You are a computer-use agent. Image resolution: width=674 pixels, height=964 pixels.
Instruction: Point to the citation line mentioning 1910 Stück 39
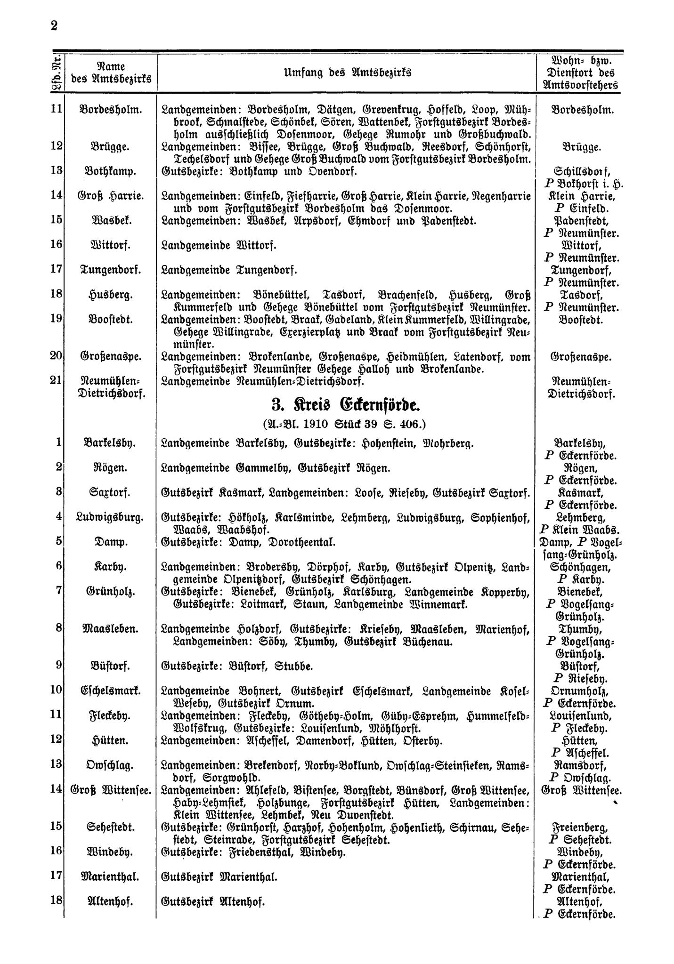345,424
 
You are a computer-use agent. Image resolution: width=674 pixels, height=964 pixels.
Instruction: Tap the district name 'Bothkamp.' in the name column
110,171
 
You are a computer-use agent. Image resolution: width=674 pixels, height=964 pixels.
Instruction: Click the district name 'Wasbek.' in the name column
110,221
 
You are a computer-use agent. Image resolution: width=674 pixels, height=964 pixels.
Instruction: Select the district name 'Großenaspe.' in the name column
110,357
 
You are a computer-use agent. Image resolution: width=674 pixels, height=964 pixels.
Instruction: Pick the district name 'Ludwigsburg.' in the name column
110,517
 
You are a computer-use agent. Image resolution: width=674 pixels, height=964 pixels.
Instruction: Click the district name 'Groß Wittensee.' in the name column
111,790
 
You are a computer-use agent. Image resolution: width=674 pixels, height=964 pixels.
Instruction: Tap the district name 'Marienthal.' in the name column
110,877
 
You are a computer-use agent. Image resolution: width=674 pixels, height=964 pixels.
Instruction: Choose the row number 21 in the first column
57,380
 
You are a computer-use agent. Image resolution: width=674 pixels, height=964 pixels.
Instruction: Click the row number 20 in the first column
57,356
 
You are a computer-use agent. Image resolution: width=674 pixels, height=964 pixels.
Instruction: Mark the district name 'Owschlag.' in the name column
110,765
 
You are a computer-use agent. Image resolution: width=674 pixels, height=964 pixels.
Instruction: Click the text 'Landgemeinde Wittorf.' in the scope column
219,245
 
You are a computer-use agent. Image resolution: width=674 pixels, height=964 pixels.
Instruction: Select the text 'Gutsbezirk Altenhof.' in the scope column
213,902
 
